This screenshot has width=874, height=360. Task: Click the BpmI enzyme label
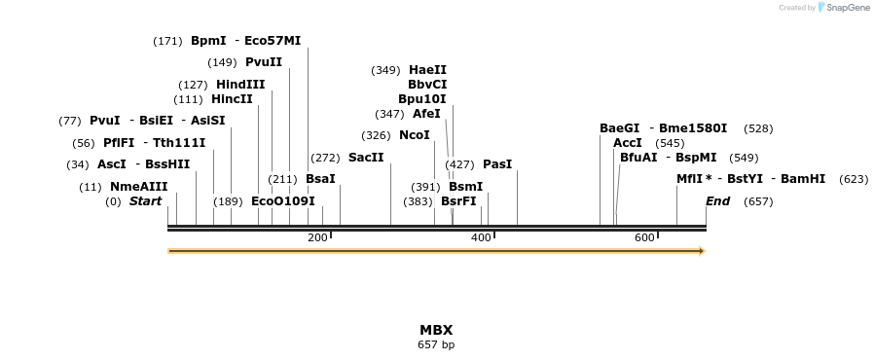point(208,41)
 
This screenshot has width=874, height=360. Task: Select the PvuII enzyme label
point(263,62)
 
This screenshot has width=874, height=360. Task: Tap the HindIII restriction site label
point(240,85)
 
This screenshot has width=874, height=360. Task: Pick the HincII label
point(232,99)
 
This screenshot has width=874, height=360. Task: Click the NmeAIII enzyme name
point(138,187)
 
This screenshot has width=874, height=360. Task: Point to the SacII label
point(366,158)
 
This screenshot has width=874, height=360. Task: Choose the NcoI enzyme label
point(414,135)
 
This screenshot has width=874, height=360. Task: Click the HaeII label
point(427,70)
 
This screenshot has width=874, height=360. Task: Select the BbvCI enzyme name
point(427,85)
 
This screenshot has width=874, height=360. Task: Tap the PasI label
point(496,164)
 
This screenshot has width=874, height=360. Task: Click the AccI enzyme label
point(627,143)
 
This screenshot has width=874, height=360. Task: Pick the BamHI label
point(803,179)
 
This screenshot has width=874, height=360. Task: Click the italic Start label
point(145,201)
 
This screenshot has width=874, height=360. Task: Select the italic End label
point(717,201)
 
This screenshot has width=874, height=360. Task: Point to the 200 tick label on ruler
point(317,238)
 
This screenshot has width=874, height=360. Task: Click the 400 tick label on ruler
point(481,238)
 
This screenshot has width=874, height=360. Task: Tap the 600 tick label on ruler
point(644,238)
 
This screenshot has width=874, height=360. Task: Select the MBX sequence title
point(436,330)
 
